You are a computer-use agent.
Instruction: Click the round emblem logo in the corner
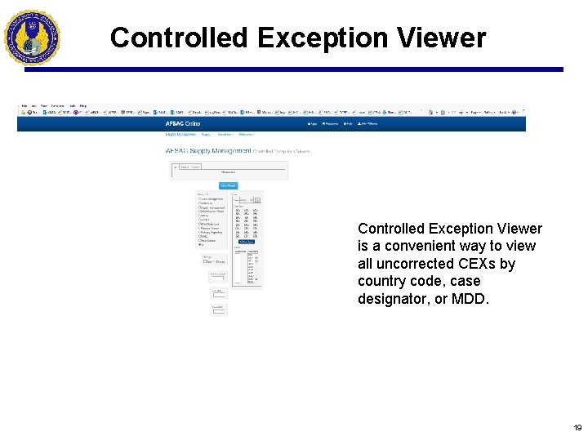[32, 37]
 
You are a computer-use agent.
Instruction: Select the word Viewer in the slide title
[444, 38]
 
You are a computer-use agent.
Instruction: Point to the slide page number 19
[577, 428]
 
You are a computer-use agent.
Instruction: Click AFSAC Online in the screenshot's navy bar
[182, 124]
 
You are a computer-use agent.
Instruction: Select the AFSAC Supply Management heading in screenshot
[208, 151]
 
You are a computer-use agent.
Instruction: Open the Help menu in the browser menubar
[82, 106]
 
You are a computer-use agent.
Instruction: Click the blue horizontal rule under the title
[294, 69]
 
